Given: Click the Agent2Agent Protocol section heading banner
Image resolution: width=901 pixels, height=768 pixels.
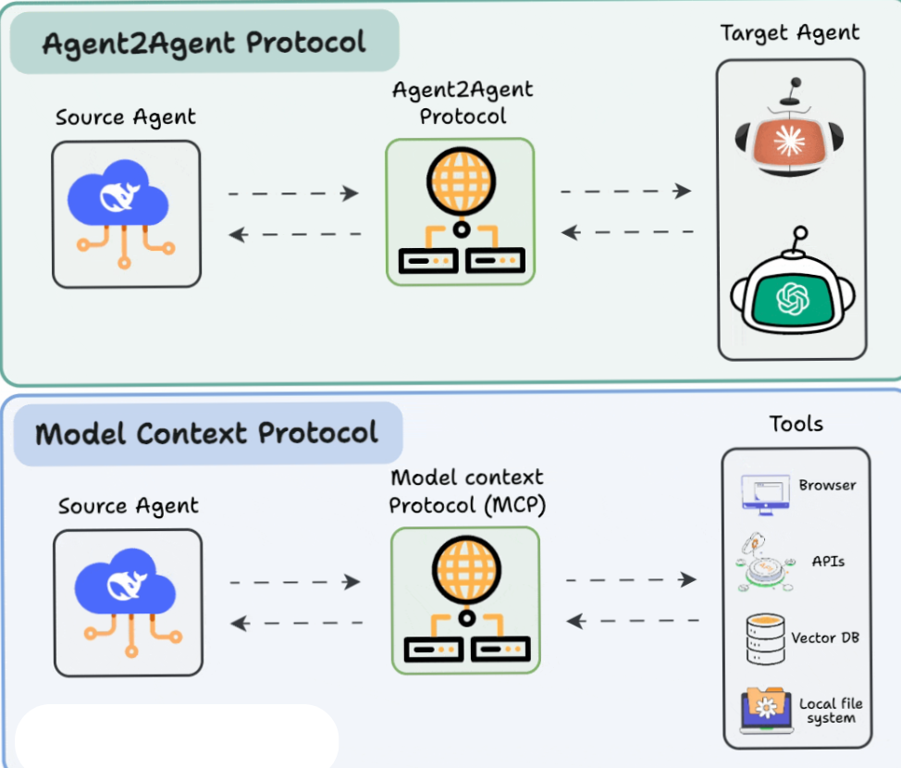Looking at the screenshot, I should coord(204,43).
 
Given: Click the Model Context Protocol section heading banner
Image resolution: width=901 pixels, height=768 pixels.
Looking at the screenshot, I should coord(207,433).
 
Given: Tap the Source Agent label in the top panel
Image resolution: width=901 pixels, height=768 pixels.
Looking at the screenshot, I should coord(126,118).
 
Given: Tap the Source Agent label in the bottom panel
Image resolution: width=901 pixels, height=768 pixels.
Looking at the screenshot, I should coord(128,506).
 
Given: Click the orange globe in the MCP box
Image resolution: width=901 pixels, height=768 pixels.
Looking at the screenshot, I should coord(465,571).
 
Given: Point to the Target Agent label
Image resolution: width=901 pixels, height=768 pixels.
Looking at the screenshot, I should coord(790,33).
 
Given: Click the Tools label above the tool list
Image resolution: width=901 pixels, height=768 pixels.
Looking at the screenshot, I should coord(796,424).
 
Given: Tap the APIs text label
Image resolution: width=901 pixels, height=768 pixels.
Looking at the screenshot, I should coord(828,561).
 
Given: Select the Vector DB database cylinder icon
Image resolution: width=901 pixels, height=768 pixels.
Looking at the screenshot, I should coord(764,638).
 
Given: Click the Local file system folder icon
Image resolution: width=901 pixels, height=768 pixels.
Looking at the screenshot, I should coord(766,710).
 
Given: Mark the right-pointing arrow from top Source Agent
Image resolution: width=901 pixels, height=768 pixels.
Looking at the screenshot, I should coord(293,193).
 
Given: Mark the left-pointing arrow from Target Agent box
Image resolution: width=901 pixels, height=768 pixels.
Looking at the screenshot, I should coord(627,232).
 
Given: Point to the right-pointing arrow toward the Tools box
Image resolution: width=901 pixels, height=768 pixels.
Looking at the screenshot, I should coord(631,580).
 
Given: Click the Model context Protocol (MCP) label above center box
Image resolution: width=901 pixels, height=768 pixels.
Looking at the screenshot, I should coord(466,491).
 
